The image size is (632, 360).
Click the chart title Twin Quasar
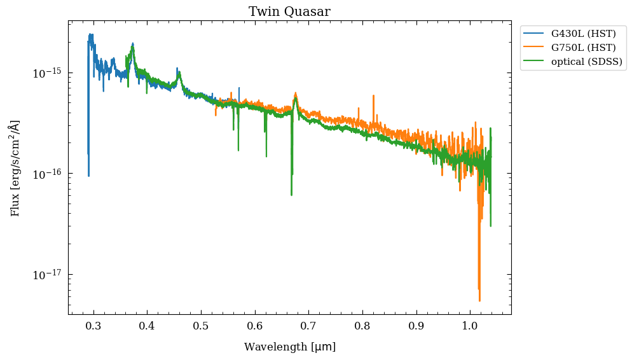(289, 11)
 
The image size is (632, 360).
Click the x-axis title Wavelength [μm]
(289, 347)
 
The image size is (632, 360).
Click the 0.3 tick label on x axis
(93, 326)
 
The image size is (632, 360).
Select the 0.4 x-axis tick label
(147, 326)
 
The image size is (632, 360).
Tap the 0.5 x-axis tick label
(201, 326)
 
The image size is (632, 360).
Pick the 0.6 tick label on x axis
(254, 326)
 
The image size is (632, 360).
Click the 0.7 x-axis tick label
(308, 326)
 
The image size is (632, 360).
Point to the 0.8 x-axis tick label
(362, 326)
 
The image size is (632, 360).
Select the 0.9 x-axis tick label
(416, 326)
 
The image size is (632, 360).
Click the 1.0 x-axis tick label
(470, 326)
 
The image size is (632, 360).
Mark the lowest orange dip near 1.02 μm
(479, 300)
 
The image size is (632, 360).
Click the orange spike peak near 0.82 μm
(373, 96)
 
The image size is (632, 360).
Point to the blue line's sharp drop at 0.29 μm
(88, 176)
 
